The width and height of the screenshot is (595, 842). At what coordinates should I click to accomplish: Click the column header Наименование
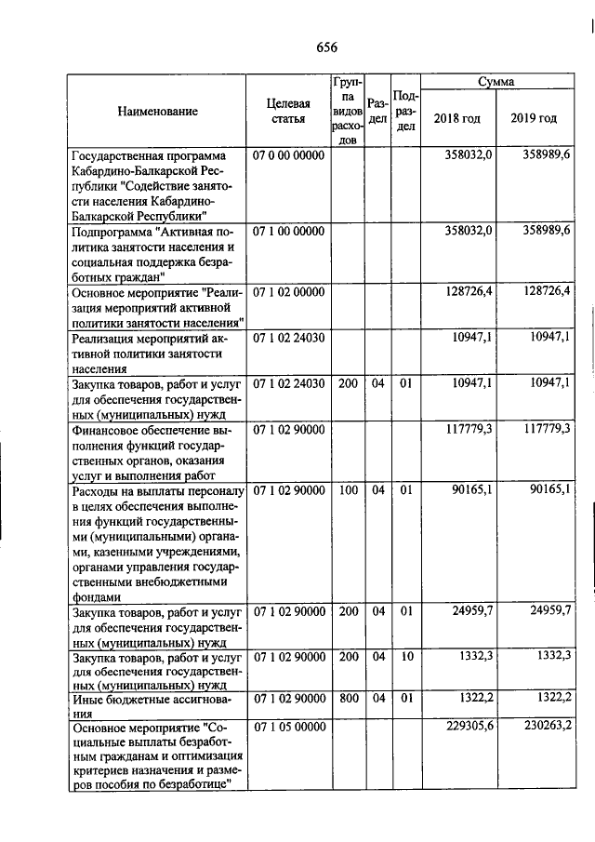coord(157,112)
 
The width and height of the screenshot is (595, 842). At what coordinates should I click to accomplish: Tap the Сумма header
coord(496,83)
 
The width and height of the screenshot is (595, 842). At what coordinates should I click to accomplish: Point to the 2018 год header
coord(457,119)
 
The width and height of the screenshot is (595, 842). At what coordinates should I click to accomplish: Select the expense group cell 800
coord(348,697)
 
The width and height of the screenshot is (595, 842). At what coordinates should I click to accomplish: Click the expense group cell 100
coord(348,488)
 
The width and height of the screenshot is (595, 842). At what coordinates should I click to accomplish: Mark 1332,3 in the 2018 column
coord(472,656)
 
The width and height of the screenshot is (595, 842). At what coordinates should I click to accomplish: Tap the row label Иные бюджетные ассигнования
coord(149,704)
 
